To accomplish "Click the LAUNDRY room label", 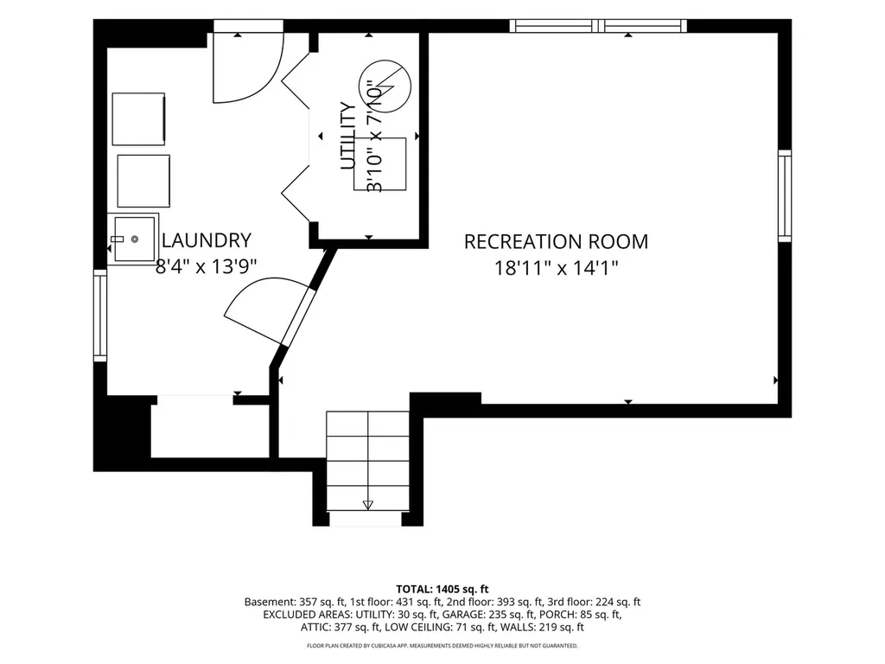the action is (206, 240).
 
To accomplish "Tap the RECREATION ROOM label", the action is (556, 242).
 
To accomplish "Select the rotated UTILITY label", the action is (348, 136).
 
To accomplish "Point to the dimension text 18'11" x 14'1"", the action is (557, 268).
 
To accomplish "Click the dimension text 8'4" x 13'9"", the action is (206, 266).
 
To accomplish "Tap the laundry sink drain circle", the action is (135, 239).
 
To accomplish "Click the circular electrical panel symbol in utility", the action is (385, 86).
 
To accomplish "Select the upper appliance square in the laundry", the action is (138, 119).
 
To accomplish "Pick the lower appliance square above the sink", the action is (143, 181).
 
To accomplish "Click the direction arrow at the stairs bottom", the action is (368, 504).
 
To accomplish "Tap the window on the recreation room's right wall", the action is (785, 196).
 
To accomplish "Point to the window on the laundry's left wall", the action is (100, 316).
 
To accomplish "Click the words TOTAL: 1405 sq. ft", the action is (442, 590).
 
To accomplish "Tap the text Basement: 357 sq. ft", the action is (289, 602).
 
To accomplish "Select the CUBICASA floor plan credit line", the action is (442, 645).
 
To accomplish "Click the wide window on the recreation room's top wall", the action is (598, 25).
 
